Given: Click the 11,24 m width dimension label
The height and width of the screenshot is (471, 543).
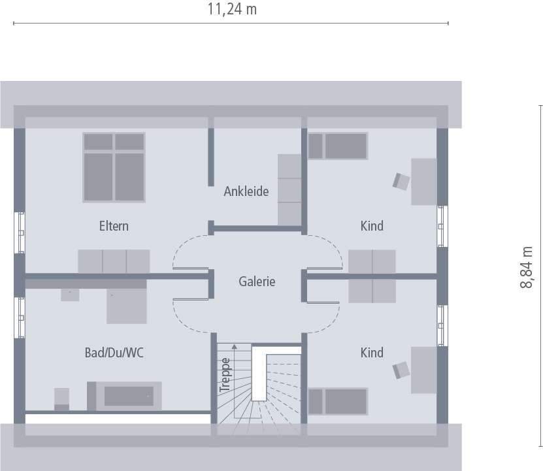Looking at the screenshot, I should pos(231,9).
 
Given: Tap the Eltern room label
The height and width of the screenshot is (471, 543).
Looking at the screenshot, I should pos(114,227).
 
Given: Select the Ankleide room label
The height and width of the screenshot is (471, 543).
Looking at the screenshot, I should pos(246,191).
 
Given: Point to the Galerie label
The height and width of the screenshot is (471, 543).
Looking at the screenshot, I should pos(257,282).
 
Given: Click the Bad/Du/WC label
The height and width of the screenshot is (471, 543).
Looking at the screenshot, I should pos(114,353).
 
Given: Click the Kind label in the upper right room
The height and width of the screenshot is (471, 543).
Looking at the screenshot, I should pos(372,227).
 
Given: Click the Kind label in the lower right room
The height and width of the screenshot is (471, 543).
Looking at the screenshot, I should pos(372,353).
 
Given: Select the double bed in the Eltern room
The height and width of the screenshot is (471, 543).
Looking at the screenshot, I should pos(114,167).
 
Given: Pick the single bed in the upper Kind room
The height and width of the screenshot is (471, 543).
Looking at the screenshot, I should pos(338,145).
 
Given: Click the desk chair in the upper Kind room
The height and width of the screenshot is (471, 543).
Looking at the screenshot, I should pos(400,181).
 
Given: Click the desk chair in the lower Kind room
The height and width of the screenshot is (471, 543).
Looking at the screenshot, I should pos(400,370).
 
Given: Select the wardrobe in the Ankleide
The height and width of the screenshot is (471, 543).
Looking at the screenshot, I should pos(289,189).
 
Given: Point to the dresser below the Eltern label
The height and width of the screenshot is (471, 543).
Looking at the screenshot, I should pos(114,261).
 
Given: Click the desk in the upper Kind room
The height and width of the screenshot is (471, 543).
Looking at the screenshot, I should pos(423,181).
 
